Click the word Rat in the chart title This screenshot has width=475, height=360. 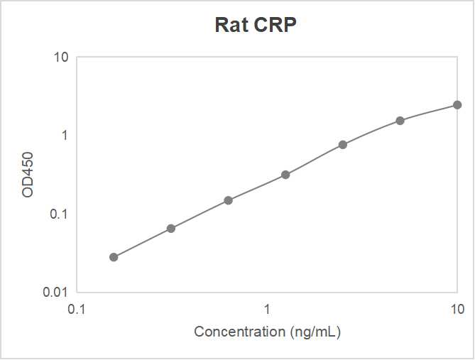click(231, 26)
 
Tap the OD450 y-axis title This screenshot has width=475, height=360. click(28, 173)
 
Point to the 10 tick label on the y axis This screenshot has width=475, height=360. click(61, 57)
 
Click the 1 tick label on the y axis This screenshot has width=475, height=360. click(65, 135)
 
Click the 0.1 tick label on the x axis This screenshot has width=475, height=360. click(77, 310)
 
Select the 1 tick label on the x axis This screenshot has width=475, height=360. click(267, 310)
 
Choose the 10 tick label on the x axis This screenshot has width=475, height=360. click(457, 310)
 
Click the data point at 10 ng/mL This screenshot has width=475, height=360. click(457, 105)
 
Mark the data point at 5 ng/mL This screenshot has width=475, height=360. click(400, 121)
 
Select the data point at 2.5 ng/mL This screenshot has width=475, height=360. click(343, 144)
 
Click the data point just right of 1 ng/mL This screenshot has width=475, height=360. click(285, 175)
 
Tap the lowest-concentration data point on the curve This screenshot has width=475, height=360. click(114, 257)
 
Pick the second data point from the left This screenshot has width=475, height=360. click(171, 228)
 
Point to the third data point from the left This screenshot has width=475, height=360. click(229, 200)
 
